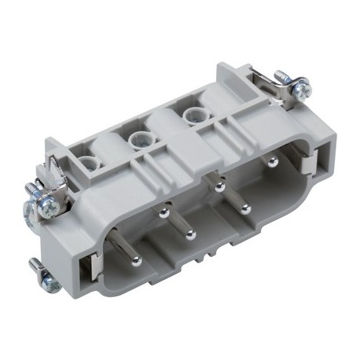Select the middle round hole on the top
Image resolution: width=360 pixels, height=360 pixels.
[140, 140]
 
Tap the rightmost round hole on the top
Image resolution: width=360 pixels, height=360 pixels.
[191, 115]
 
